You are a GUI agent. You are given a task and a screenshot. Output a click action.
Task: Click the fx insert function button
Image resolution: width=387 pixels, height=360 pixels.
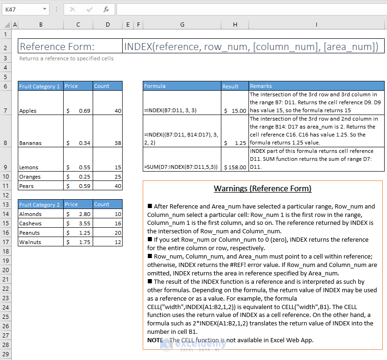point(106,9)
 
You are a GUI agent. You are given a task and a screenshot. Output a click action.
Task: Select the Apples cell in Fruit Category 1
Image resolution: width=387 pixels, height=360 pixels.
point(41,111)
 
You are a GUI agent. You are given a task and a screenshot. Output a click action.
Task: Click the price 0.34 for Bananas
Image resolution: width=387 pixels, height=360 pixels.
point(78,143)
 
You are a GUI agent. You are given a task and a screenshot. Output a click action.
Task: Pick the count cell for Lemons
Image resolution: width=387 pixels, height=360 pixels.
point(108,167)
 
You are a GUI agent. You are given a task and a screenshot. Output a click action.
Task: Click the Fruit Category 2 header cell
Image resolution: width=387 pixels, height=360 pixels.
point(41,204)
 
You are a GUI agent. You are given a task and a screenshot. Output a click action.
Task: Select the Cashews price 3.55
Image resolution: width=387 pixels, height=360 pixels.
point(78,223)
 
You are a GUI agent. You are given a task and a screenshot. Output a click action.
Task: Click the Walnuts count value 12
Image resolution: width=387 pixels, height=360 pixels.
point(108,242)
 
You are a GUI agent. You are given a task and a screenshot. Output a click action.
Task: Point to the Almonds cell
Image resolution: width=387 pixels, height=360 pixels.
point(41,214)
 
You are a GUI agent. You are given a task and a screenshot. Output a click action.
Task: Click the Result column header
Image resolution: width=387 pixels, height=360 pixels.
point(234,86)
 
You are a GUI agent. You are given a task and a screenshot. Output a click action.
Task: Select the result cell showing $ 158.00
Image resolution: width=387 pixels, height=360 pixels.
point(234,167)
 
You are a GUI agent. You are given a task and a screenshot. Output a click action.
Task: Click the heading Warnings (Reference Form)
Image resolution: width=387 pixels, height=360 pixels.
point(262,189)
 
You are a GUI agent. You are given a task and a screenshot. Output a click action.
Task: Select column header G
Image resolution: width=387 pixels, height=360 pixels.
point(182,24)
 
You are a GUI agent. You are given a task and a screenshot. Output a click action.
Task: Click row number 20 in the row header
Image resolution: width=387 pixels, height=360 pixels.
point(6,270)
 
